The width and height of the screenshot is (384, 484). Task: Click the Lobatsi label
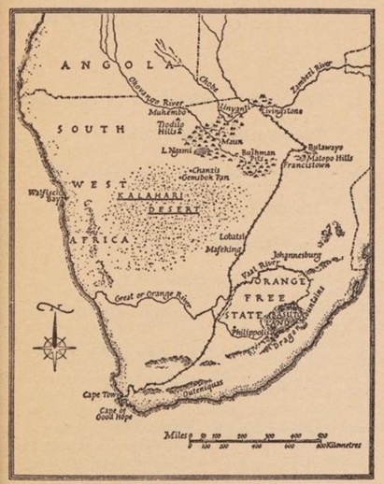click(232, 238)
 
